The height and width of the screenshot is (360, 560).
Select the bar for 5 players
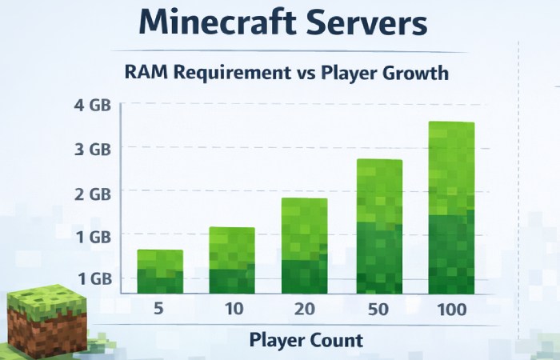[159, 272]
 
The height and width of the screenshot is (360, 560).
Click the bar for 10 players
[232, 261]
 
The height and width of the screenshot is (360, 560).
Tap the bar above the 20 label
[304, 246]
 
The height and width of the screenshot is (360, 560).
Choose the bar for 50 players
[378, 227]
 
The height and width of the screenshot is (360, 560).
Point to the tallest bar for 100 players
[451, 208]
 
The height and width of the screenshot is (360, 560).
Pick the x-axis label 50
[378, 308]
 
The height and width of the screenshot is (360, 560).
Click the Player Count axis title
[306, 340]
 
